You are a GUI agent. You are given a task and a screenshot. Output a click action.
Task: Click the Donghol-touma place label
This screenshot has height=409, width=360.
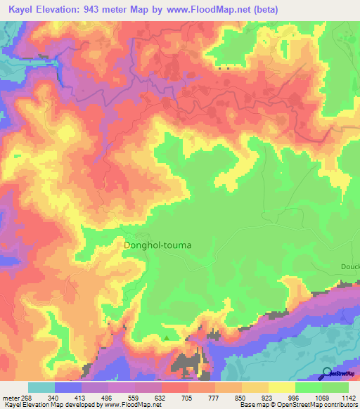click(x=157, y=246)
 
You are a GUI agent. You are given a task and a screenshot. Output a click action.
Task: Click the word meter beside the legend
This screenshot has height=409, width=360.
click(x=10, y=397)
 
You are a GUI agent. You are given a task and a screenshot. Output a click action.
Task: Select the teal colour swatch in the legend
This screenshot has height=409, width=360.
click(x=41, y=387)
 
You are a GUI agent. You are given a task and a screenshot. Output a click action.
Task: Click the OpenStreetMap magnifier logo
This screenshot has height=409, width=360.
click(x=328, y=372)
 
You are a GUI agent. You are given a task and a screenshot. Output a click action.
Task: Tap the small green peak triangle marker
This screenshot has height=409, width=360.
click(x=167, y=338)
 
